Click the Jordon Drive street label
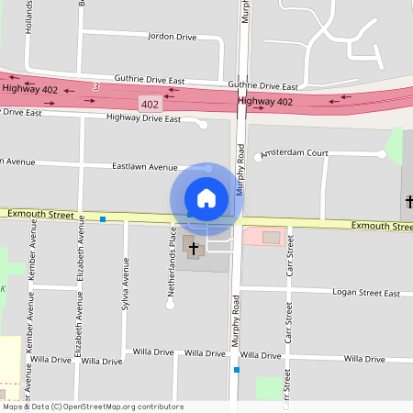172,37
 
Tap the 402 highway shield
150,105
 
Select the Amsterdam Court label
295,153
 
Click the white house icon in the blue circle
206,197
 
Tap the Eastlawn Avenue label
144,167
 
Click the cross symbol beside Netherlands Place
194,248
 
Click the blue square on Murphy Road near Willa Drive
237,370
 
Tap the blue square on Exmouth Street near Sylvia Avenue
103,218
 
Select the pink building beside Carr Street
263,237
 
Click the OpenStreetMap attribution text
93,406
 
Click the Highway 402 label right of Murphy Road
265,101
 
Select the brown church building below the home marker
194,248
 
